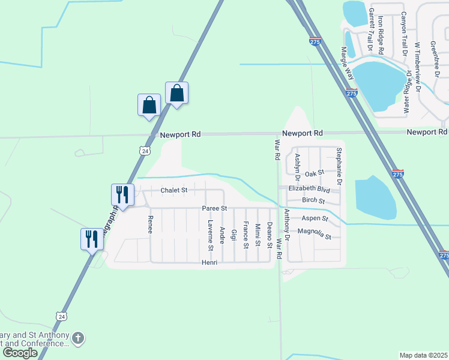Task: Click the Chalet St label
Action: tap(173, 190)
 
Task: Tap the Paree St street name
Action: tap(214, 208)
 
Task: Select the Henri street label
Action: tap(208, 263)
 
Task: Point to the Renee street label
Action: tap(151, 224)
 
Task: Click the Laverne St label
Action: tap(210, 235)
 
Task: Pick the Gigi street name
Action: tap(234, 234)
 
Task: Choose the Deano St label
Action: tap(270, 235)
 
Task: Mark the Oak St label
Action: tap(314, 173)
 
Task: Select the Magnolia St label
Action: tap(314, 233)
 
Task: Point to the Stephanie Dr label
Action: tap(339, 166)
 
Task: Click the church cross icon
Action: tap(78, 338)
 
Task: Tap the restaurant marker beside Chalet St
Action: tap(122, 194)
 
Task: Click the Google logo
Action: tap(20, 353)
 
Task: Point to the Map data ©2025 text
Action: tap(423, 354)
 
